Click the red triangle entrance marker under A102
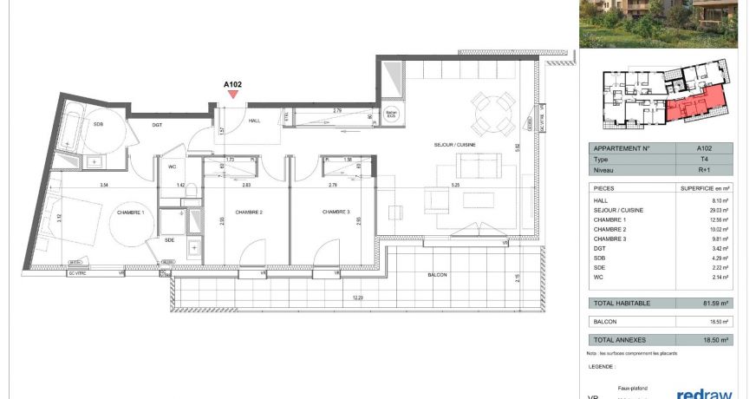(x=231, y=93)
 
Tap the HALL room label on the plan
(x=254, y=121)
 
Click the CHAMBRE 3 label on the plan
(x=336, y=213)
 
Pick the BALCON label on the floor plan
(x=437, y=275)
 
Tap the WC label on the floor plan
(x=172, y=167)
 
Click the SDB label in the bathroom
(x=98, y=122)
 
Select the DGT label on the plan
(x=157, y=126)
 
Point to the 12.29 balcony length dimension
(x=356, y=298)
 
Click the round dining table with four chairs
(x=492, y=113)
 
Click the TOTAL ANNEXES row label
(x=617, y=340)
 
